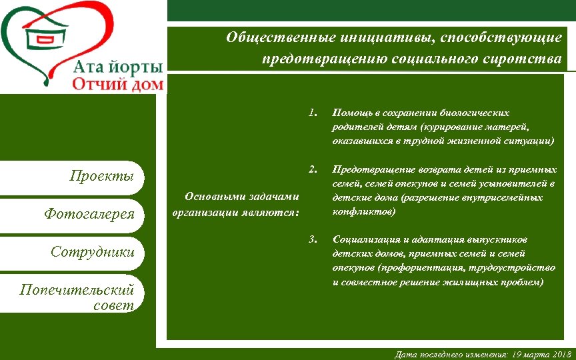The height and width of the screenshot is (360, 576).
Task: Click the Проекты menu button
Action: tap(103, 177)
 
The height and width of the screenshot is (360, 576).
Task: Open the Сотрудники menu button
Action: tap(93, 252)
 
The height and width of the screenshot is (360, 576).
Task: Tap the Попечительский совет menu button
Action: tap(77, 297)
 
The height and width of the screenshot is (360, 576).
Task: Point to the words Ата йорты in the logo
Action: tap(117, 67)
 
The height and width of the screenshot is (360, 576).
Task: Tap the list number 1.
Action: tap(313, 111)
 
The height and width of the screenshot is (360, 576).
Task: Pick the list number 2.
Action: tap(313, 167)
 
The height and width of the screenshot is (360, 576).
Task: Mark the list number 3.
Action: tap(313, 238)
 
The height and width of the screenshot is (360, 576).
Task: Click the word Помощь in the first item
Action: tap(351, 113)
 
